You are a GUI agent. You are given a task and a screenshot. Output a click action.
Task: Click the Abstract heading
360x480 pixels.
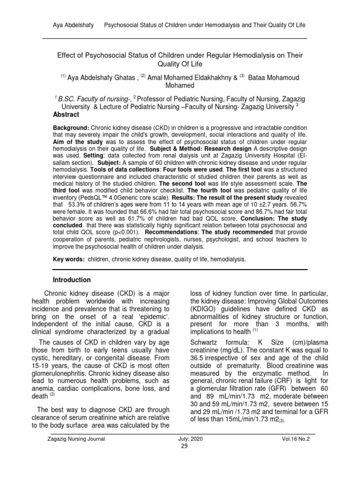click(66, 115)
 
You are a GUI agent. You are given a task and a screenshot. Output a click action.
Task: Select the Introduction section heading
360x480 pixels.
click(72, 280)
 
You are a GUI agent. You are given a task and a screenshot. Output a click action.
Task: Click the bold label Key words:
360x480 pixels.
click(69, 258)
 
